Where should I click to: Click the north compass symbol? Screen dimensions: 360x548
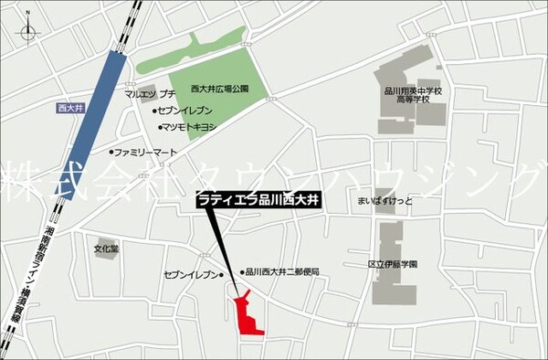tap(26, 34)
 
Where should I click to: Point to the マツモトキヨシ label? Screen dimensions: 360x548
tap(189, 127)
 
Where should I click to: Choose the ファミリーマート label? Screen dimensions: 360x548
tap(146, 152)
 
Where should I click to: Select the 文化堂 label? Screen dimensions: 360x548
tap(106, 247)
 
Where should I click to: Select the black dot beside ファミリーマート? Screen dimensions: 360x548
tap(112, 152)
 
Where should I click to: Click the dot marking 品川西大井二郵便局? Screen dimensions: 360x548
tap(241, 271)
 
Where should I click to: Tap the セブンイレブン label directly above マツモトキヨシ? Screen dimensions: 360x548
tap(190, 111)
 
